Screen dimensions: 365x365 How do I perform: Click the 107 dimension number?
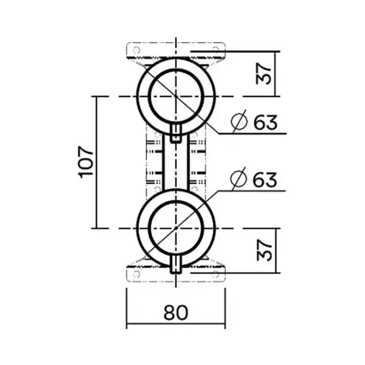pyautogui.click(x=86, y=162)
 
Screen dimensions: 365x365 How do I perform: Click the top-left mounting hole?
pyautogui.click(x=136, y=51)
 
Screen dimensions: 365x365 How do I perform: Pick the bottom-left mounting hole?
pyautogui.click(x=136, y=274)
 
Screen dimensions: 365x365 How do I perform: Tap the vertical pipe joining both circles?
pyautogui.click(x=176, y=165)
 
